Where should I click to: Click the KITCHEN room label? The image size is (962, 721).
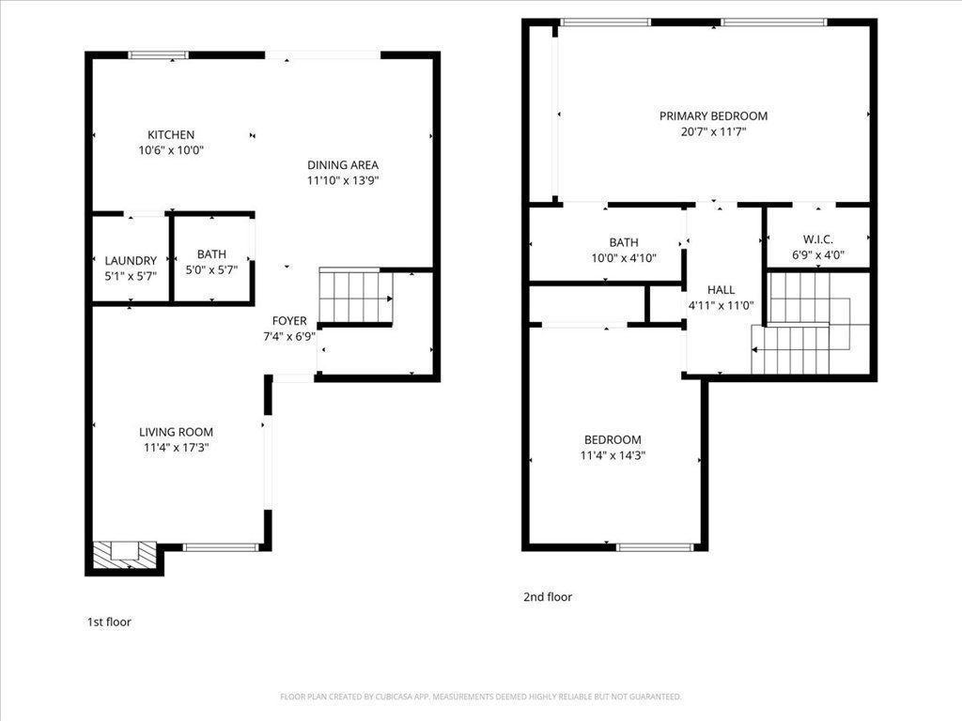[171, 134]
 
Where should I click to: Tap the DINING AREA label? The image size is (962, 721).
[343, 164]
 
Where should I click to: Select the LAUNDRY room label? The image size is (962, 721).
[131, 261]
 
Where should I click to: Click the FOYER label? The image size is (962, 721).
[289, 321]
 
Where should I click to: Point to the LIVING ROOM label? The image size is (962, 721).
[176, 432]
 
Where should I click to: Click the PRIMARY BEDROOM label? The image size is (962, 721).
[713, 116]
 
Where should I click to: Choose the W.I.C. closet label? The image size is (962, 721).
[817, 239]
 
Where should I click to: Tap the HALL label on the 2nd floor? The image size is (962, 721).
[721, 290]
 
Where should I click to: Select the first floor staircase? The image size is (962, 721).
[355, 297]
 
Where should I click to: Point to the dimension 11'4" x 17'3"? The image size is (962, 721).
[176, 448]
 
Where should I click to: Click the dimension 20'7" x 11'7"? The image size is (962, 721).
[713, 132]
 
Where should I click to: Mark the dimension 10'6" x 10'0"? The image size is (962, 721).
[171, 150]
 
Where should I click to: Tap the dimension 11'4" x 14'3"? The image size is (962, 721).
[613, 455]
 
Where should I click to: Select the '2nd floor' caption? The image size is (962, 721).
[548, 597]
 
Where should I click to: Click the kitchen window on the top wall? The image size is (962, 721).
[158, 55]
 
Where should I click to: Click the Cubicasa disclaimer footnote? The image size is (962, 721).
[481, 697]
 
